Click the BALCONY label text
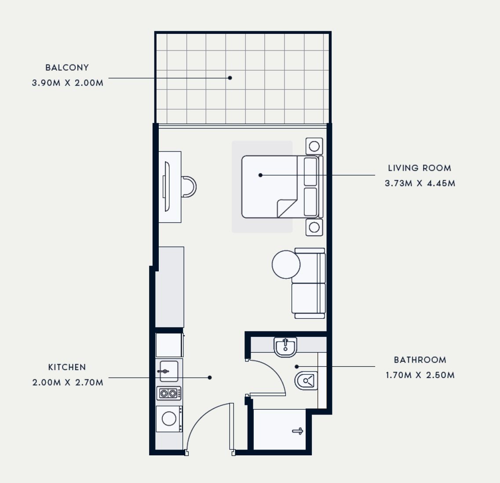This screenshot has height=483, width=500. (x=67, y=68)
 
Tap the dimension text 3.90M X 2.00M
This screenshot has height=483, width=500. (x=68, y=83)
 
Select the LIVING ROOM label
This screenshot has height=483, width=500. (x=420, y=168)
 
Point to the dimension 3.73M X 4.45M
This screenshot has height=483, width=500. (x=420, y=183)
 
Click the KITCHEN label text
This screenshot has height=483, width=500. (x=67, y=367)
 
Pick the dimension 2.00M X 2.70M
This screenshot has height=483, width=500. (x=68, y=382)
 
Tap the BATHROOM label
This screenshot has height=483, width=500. (x=420, y=360)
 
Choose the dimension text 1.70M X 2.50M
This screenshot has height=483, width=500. (x=420, y=375)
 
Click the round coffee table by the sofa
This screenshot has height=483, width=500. (x=286, y=264)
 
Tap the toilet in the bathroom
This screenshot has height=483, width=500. (x=307, y=380)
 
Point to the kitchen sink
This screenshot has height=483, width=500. (x=169, y=371)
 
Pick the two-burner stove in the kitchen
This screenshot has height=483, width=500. (x=169, y=393)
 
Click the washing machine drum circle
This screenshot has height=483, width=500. (x=169, y=418)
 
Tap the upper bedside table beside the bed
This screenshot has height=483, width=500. (x=314, y=146)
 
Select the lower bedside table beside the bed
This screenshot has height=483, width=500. (x=314, y=227)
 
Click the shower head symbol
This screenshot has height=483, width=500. (x=298, y=431)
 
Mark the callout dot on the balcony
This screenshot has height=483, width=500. (x=230, y=78)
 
